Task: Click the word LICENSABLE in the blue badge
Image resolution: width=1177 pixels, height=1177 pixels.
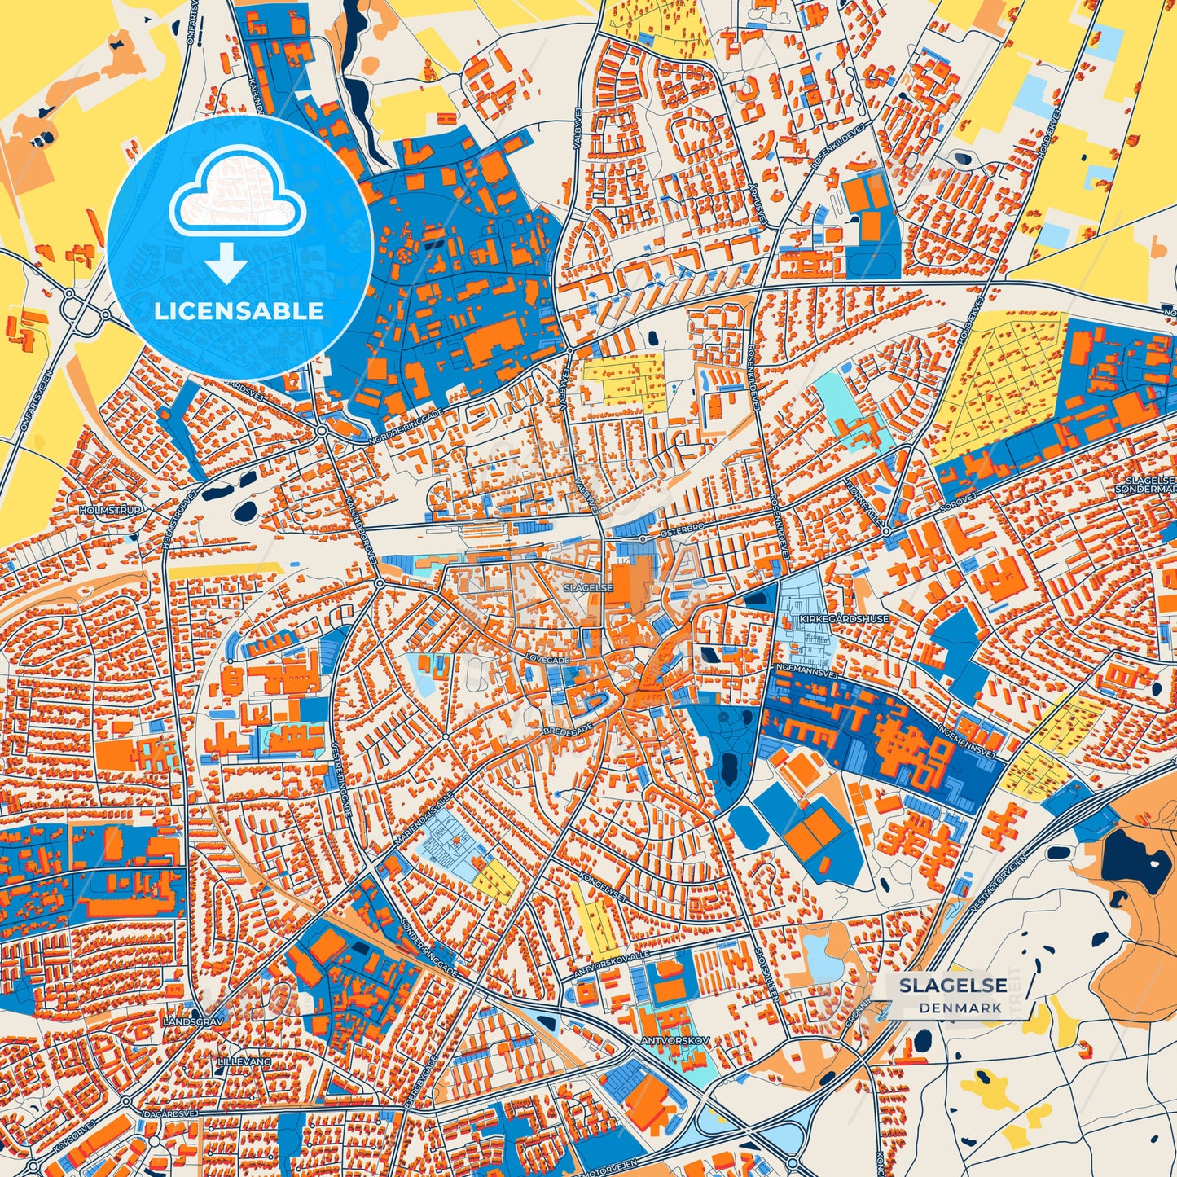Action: point(239,311)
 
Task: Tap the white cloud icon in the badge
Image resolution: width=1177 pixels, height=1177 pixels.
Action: point(237,195)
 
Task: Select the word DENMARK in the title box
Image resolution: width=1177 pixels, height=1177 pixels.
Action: point(961,1008)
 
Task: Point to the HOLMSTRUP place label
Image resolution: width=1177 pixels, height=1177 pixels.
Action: point(110,510)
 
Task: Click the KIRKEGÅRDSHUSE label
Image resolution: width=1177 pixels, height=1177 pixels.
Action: point(844,619)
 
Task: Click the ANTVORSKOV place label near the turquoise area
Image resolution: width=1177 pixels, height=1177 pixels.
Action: point(675,1041)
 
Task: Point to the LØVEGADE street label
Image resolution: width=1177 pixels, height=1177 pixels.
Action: point(547,660)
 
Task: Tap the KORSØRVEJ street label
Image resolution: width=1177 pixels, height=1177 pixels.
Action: point(73,1135)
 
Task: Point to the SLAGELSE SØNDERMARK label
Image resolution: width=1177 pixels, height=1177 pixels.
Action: point(1148,485)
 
